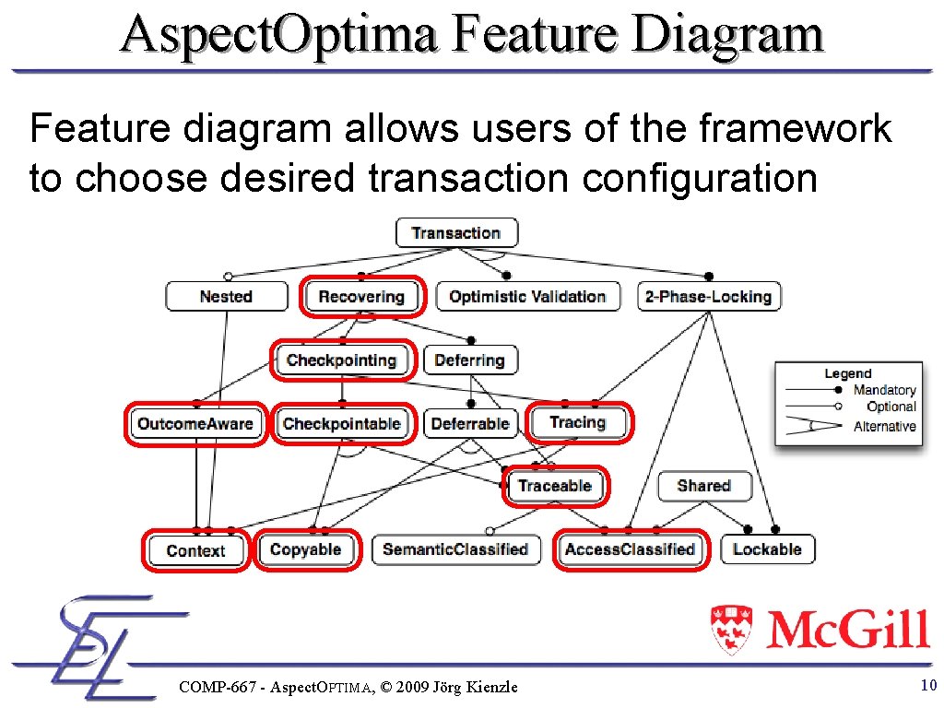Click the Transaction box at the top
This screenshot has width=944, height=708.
456,233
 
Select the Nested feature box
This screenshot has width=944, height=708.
226,297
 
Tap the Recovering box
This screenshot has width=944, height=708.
361,297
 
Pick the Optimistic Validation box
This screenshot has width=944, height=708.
527,297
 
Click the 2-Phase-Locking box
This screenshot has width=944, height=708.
708,297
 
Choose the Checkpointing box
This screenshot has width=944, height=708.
341,360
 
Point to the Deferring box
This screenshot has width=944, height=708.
469,360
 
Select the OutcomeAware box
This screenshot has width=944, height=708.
195,424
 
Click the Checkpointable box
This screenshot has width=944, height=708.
341,424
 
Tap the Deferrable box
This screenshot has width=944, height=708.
470,424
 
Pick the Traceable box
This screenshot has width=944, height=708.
554,486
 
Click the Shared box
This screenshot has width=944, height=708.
703,486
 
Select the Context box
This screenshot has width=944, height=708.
195,550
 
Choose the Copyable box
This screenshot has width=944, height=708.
305,549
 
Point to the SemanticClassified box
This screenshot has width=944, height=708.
455,549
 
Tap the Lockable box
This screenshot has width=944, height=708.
767,549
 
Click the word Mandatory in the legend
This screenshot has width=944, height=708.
884,390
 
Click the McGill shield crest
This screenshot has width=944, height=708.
732,630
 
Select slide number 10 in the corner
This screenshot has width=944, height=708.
927,685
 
